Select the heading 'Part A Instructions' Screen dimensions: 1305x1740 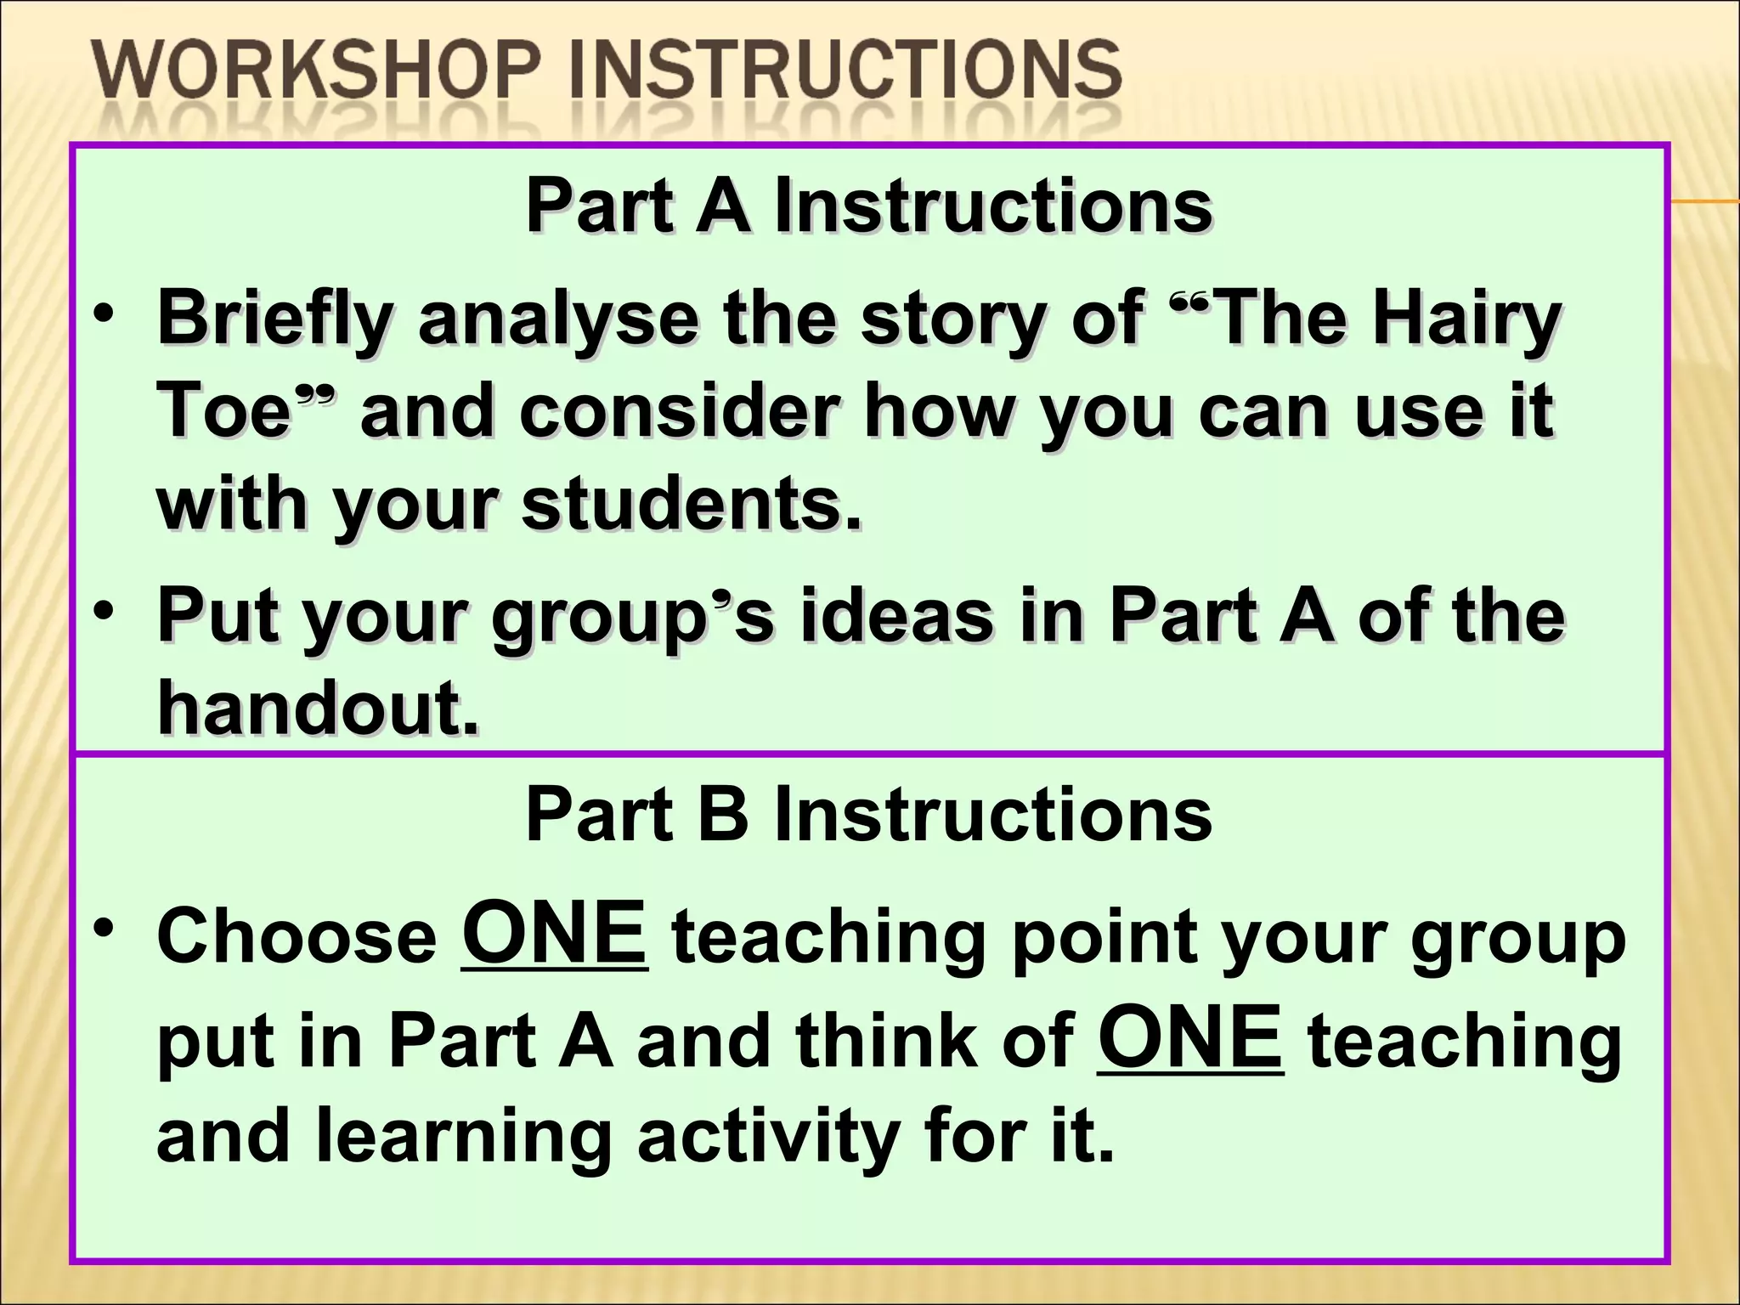(x=868, y=206)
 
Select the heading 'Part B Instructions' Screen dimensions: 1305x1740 (x=868, y=814)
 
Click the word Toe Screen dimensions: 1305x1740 (x=224, y=411)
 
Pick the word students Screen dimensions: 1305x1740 (x=692, y=505)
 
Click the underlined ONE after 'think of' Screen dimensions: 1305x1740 (x=1189, y=1038)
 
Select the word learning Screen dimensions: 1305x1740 (x=464, y=1138)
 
